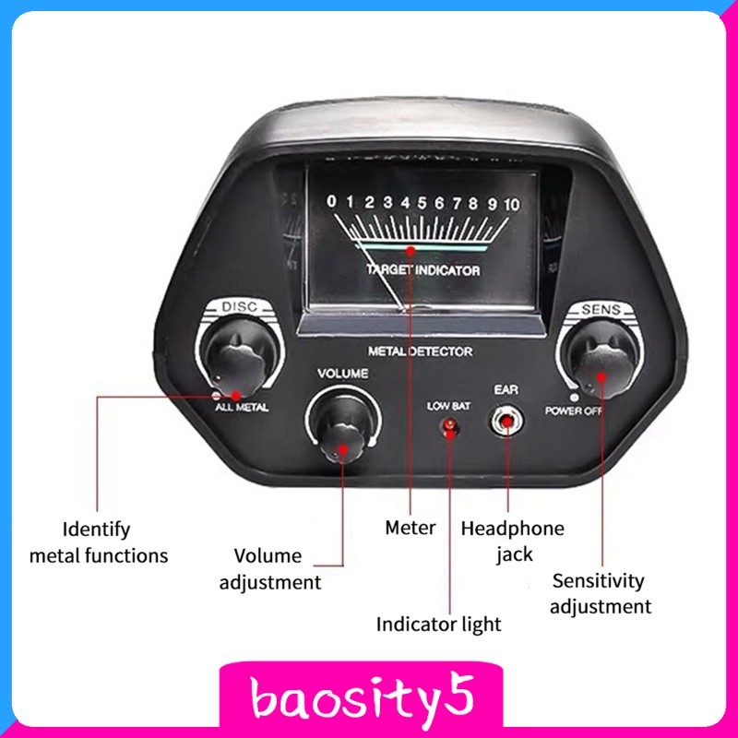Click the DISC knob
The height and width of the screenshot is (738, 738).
(241, 358)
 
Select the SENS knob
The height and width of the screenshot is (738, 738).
(601, 360)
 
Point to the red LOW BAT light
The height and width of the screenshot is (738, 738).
(449, 426)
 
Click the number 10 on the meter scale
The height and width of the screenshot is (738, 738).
(512, 204)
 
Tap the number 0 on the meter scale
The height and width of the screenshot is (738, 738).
(331, 201)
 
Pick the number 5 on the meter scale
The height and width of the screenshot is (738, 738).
(422, 203)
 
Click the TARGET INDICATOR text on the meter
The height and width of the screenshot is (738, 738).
(423, 270)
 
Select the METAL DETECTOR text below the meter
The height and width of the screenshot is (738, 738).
(421, 351)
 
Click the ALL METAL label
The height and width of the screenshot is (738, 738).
(242, 407)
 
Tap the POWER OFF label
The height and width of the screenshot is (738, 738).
(573, 411)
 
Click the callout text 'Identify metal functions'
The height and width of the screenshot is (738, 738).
(99, 542)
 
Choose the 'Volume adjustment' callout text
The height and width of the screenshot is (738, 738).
(270, 569)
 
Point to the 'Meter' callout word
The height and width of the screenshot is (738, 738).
(411, 528)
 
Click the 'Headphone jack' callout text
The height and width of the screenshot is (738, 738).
(513, 542)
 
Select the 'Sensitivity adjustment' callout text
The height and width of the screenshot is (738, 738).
(601, 593)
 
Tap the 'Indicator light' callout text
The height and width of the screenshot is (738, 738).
(439, 625)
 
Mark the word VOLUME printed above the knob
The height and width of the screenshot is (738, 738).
(342, 374)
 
